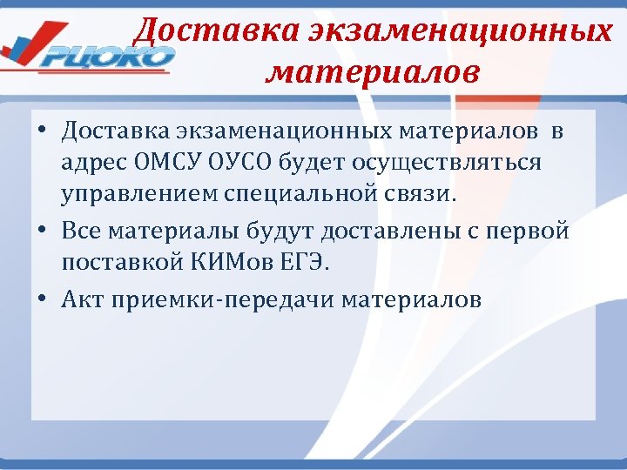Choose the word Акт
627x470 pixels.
pos(79,300)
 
